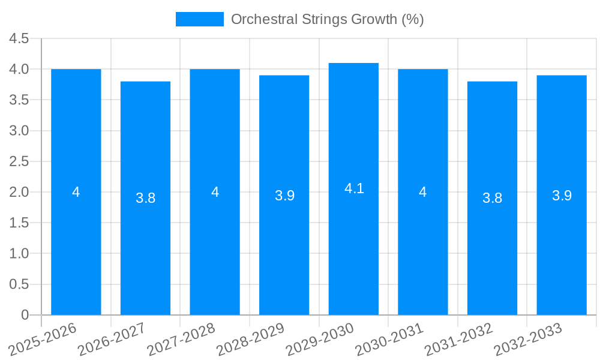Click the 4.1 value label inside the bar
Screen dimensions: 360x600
(x=354, y=188)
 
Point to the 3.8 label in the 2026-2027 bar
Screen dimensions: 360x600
(x=145, y=198)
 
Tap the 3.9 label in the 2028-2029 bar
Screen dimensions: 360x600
(x=284, y=196)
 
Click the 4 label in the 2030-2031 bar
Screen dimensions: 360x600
(x=423, y=192)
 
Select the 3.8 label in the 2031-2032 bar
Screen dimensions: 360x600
(x=492, y=198)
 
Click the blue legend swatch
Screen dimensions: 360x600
(x=199, y=19)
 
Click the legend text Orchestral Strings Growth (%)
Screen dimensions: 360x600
(x=327, y=19)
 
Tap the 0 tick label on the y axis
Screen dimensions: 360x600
(x=25, y=315)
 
